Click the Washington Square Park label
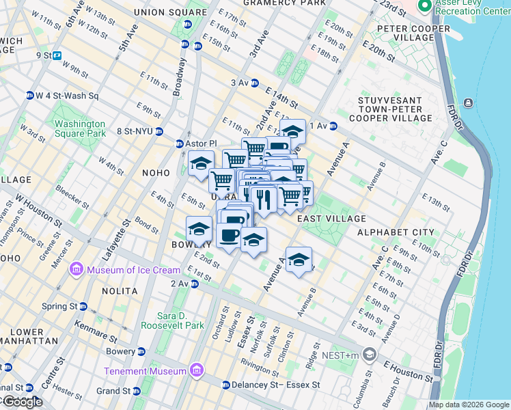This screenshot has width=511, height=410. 81,129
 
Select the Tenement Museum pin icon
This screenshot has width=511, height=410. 197,371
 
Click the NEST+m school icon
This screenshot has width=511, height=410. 370,355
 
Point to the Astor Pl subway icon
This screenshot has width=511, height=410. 179,143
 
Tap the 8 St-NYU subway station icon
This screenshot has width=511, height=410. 158,131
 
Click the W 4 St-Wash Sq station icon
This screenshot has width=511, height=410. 30,95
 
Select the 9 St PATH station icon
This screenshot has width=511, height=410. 57,55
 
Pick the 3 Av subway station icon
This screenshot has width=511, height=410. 255,83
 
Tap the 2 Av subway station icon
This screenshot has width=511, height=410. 195,284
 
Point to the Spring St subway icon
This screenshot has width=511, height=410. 83,306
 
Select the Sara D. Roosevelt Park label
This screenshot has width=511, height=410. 173,320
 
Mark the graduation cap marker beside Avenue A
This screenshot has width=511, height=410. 299,260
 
